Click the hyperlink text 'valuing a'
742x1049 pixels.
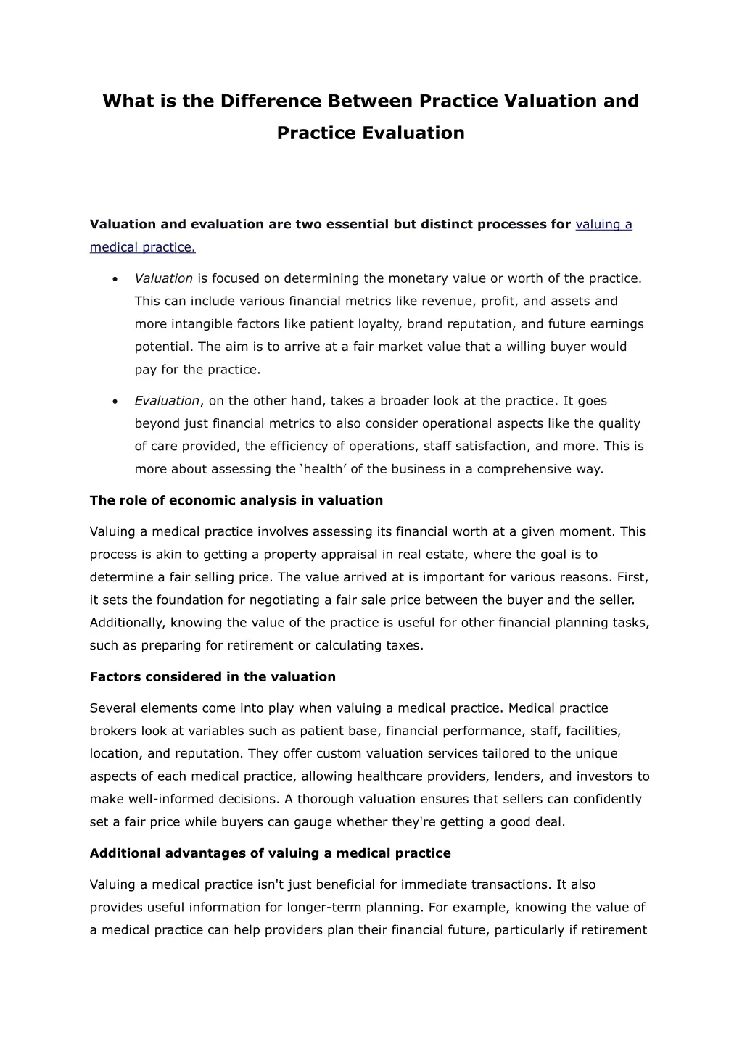[x=603, y=225]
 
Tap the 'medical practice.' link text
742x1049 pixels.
[x=142, y=247]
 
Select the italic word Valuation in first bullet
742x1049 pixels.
[x=163, y=278]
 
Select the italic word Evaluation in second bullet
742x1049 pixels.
[x=167, y=401]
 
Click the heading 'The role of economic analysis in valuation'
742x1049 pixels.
[x=236, y=500]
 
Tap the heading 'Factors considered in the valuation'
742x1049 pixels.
[x=213, y=677]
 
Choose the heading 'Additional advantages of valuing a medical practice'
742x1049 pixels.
[x=270, y=853]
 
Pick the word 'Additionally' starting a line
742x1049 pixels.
[x=125, y=623]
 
